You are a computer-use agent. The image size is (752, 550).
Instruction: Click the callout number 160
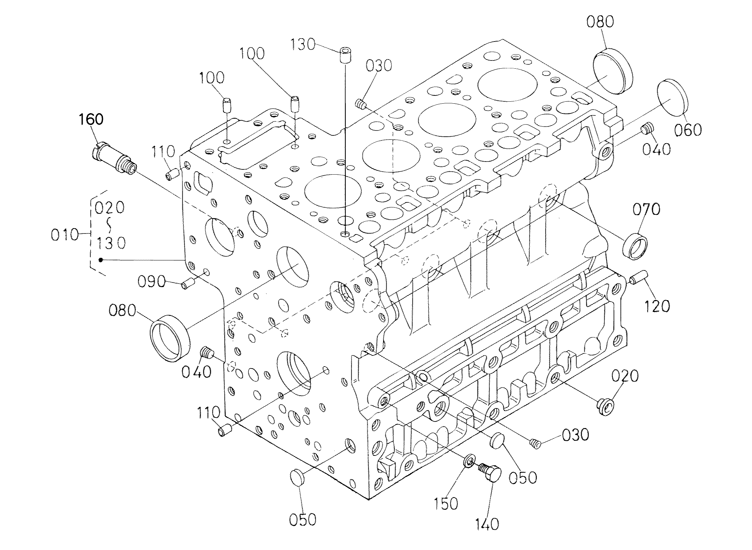pyautogui.click(x=91, y=119)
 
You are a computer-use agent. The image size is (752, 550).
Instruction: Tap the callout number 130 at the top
pyautogui.click(x=303, y=44)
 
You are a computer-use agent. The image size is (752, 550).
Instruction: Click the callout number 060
pyautogui.click(x=688, y=129)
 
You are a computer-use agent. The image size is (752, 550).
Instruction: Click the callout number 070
pyautogui.click(x=646, y=209)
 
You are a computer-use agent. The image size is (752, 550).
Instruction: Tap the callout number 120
pyautogui.click(x=657, y=306)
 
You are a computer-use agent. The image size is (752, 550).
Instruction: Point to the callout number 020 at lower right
pyautogui.click(x=625, y=376)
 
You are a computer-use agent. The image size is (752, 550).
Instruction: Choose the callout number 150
pyautogui.click(x=446, y=503)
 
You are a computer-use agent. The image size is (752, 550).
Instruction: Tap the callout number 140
pyautogui.click(x=487, y=524)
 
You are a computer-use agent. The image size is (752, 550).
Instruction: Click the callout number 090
pyautogui.click(x=152, y=282)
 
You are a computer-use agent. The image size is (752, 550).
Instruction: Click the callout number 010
pyautogui.click(x=65, y=235)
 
